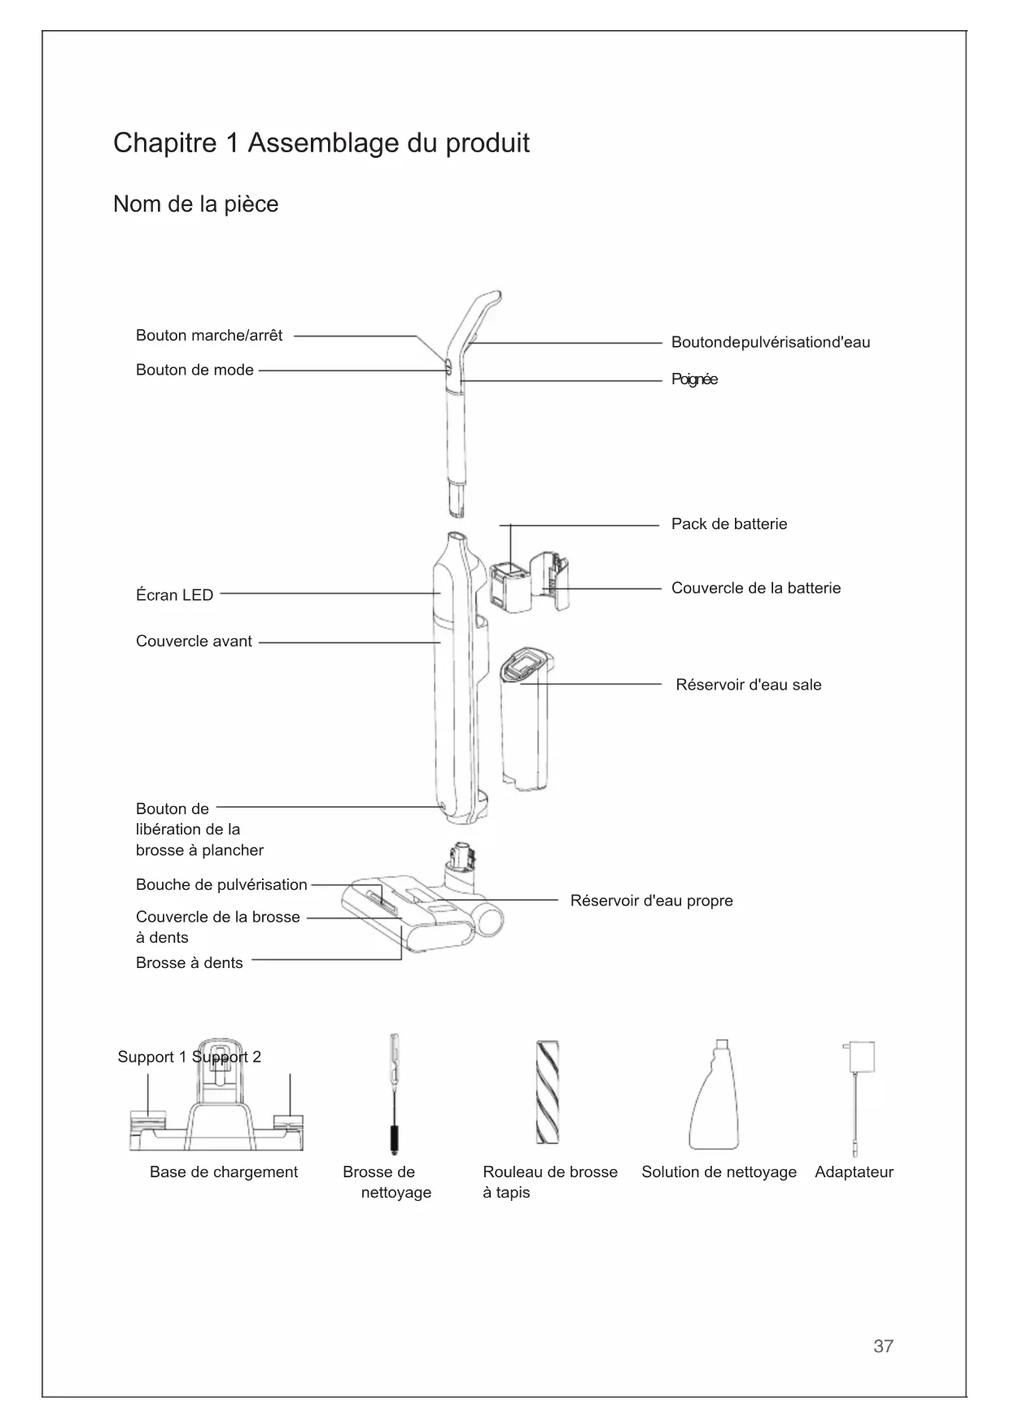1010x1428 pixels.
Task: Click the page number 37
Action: click(x=883, y=1346)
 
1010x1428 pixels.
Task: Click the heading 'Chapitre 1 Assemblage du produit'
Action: click(x=321, y=143)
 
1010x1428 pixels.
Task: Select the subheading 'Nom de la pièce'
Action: click(x=195, y=204)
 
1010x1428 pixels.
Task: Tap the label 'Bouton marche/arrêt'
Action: click(x=209, y=335)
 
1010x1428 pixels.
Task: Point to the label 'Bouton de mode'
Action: click(x=195, y=370)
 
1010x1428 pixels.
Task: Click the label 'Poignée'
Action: click(x=694, y=379)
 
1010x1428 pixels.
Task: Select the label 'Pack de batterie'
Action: click(x=729, y=523)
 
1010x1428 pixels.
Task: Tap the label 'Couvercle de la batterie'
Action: click(x=756, y=588)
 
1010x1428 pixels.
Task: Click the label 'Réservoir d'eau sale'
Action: click(x=749, y=685)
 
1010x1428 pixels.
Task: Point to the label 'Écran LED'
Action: click(x=174, y=595)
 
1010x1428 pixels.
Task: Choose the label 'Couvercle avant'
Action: click(x=194, y=642)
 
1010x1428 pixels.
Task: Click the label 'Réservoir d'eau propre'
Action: click(x=651, y=900)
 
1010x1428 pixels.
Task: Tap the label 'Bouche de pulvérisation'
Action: click(x=221, y=885)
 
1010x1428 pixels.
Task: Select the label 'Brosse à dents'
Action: click(x=189, y=963)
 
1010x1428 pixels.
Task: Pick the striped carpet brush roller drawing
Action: click(x=547, y=1093)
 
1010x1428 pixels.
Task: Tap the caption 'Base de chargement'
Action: click(x=224, y=1172)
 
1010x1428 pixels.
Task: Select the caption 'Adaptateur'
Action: click(x=854, y=1172)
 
